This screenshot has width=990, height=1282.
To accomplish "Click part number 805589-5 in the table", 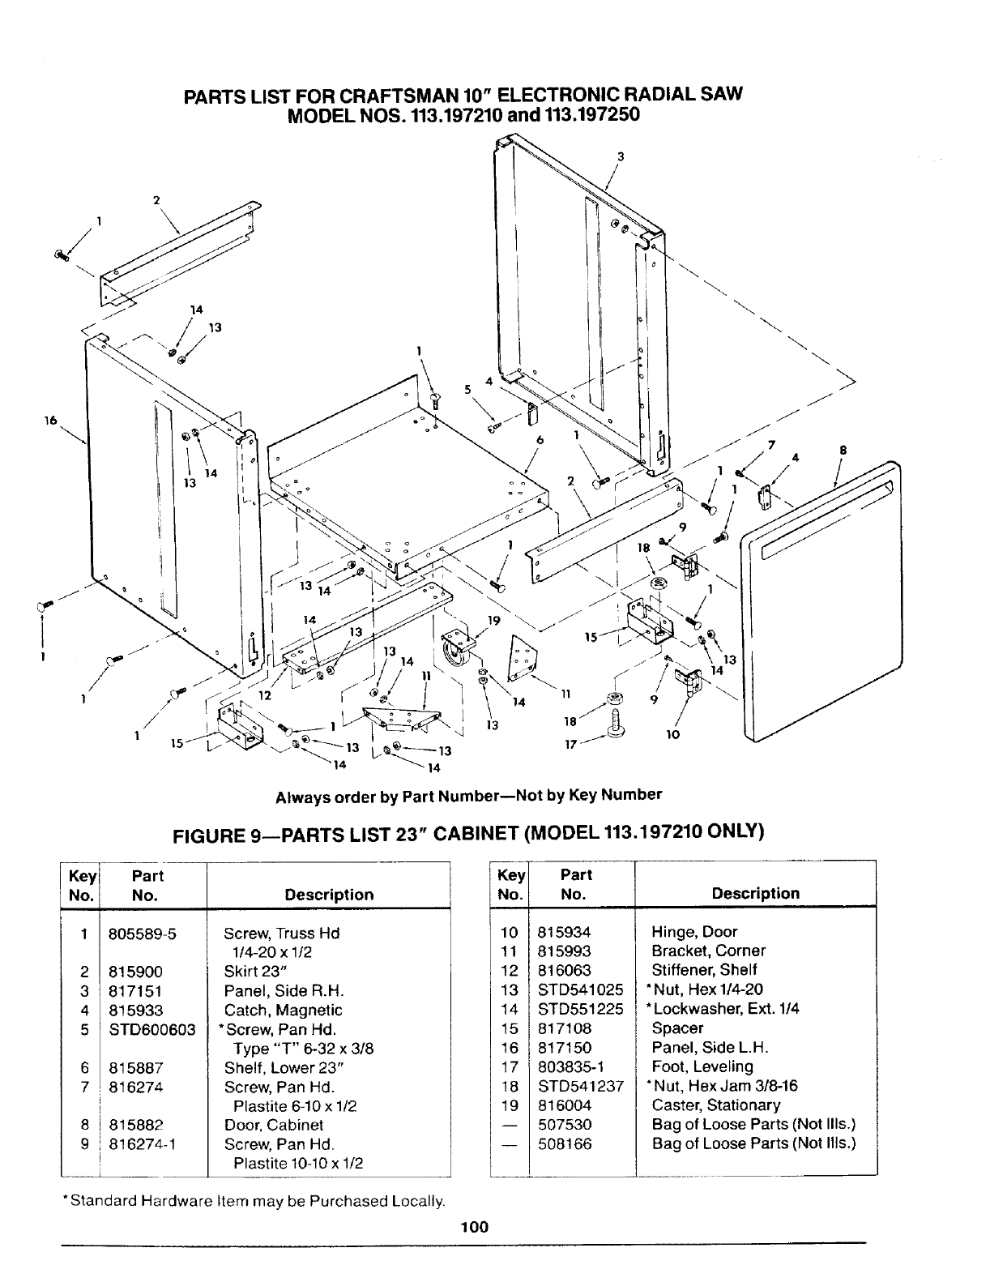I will pos(143,933).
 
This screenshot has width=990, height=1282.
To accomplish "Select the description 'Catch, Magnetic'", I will pos(283,1010).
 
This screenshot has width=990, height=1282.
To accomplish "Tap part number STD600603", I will pos(152,1029).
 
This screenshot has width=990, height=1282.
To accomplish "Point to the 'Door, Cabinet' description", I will pos(273,1125).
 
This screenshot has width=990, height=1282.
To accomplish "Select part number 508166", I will pos(565,1143).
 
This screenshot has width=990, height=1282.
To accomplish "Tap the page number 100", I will pos(475,1226).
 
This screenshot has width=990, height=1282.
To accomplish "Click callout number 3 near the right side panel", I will pos(620,156).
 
